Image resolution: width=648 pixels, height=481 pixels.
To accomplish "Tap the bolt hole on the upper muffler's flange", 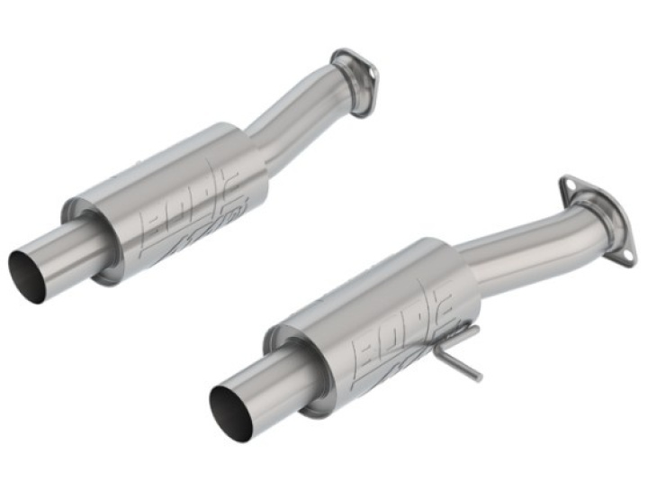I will click(x=342, y=60).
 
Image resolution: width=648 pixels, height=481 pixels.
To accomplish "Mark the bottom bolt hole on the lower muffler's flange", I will click(x=621, y=256).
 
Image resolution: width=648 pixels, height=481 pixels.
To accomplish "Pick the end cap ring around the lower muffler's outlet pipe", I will click(x=288, y=360).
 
